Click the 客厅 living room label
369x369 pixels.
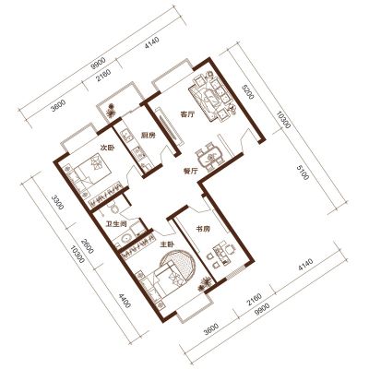coord(187,115)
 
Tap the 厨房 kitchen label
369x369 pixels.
coord(149,136)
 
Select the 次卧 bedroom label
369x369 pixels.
coord(108,148)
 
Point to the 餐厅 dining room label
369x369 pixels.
coord(190,172)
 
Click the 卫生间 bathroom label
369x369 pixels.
coord(116,223)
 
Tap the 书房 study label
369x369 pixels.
coord(203,229)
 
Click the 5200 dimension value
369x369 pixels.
coord(248,92)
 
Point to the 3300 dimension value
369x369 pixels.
coord(57,202)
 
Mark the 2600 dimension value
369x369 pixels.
coord(88,246)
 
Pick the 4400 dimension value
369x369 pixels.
coord(125,301)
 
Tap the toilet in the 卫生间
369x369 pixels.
coord(114,208)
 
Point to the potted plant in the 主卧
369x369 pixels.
coord(205,284)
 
